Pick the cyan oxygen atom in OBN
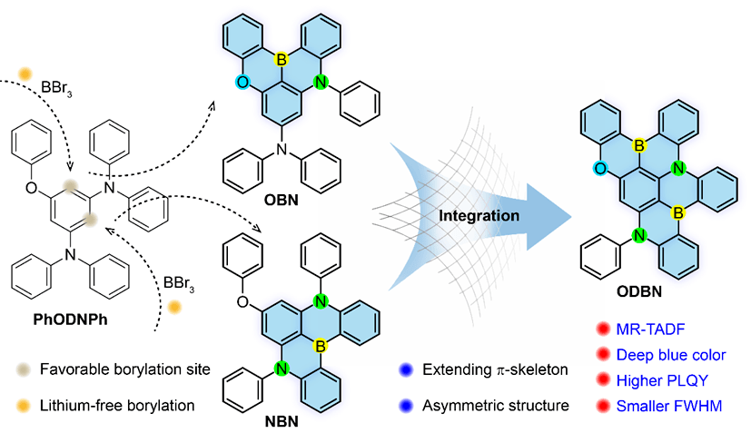coord(241,83)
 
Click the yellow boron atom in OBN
coord(282,59)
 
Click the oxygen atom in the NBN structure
coord(235,272)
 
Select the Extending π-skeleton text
coord(489,371)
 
